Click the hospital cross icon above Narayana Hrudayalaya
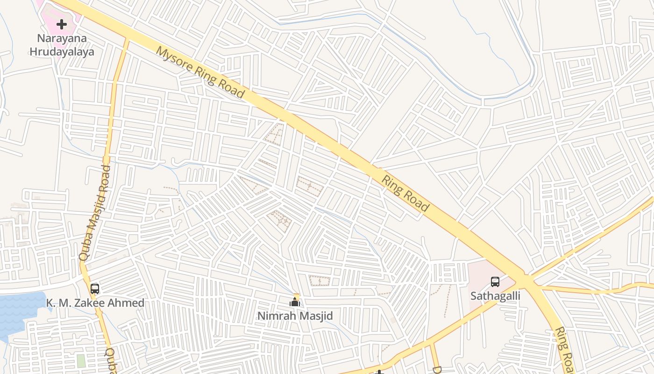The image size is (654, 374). point(62,24)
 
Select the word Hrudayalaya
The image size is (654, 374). point(62,51)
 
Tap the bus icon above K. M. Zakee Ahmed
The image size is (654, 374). point(95,288)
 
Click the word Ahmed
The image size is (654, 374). point(127,303)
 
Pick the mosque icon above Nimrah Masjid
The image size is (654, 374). point(295,302)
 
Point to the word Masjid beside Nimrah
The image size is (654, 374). point(315,316)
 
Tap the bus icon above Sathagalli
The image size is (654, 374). point(495,282)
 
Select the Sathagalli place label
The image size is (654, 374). point(495,296)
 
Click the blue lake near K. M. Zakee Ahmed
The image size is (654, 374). point(19,311)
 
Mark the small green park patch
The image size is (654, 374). point(81,361)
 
